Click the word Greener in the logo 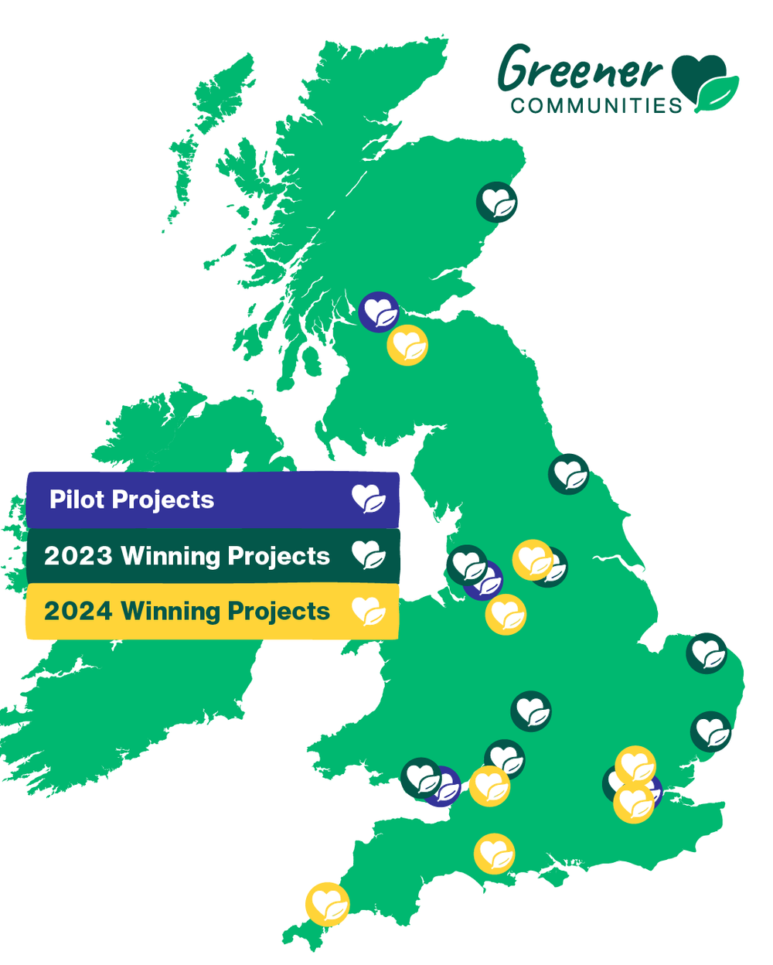[x=580, y=70]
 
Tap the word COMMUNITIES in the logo [x=596, y=106]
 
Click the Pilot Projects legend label [x=131, y=500]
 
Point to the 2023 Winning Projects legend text [x=187, y=556]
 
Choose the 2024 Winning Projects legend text [x=187, y=611]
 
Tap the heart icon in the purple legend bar [x=369, y=499]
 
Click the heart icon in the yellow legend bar [x=369, y=611]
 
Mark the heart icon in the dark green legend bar [x=369, y=555]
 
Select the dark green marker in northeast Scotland [x=496, y=203]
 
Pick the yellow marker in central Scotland [x=407, y=345]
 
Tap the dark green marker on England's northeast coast [x=569, y=474]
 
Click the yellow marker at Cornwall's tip [x=327, y=904]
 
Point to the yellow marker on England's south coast [x=495, y=854]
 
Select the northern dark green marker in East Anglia [x=707, y=653]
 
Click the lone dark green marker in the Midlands [x=532, y=711]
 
